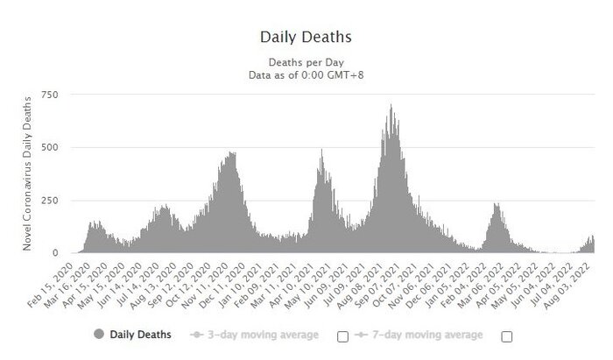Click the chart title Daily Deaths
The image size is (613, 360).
tap(306, 38)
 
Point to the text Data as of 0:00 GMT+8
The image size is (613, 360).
tap(306, 75)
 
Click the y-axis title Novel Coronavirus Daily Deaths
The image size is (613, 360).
tap(28, 173)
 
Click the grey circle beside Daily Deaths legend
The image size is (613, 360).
tap(97, 335)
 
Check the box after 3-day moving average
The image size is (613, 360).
tap(342, 335)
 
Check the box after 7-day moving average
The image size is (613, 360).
tap(506, 335)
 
